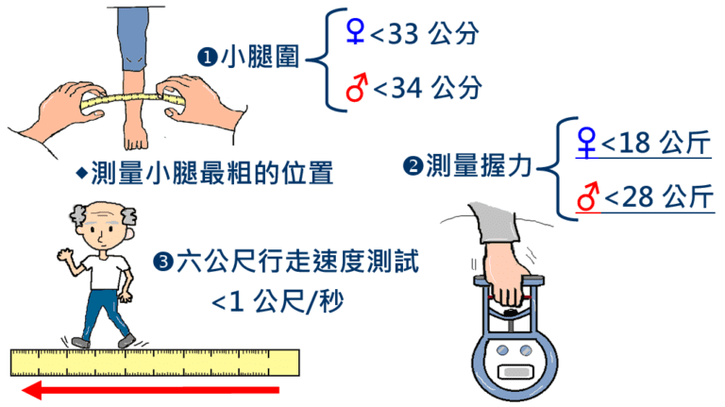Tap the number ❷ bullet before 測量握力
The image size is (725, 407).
click(413, 168)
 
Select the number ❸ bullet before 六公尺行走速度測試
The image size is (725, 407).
click(162, 262)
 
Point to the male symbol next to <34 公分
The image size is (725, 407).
click(357, 87)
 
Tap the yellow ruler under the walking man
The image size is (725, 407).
click(156, 363)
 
